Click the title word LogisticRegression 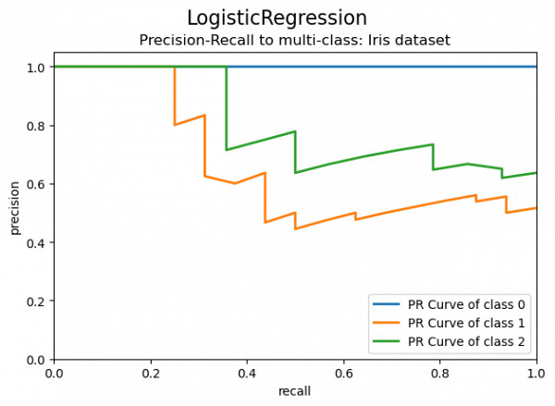click(x=277, y=18)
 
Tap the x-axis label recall click(x=294, y=390)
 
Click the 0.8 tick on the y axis click(x=35, y=126)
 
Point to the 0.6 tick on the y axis click(x=35, y=184)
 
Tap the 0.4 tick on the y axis click(x=35, y=242)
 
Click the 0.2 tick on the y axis click(x=35, y=301)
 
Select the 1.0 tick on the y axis click(x=35, y=68)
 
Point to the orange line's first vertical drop click(x=175, y=96)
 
